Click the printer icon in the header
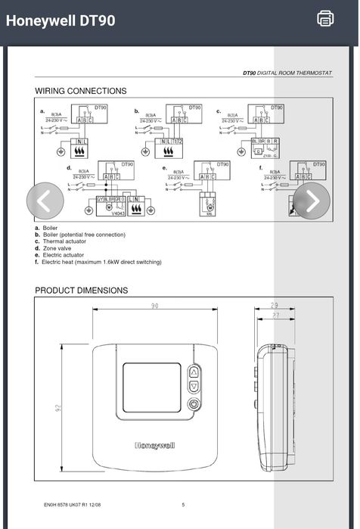(x=325, y=18)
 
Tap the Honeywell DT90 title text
(x=61, y=20)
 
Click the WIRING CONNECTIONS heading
(x=81, y=91)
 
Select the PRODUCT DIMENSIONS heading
(x=82, y=291)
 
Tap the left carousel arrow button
(x=45, y=200)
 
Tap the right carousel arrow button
(x=311, y=200)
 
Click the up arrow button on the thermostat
(x=193, y=372)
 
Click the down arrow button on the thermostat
(x=193, y=387)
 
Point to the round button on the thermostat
(x=193, y=403)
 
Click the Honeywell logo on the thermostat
(x=154, y=446)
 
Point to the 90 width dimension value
(x=154, y=306)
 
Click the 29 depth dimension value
(x=274, y=305)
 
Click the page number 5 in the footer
(x=183, y=505)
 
